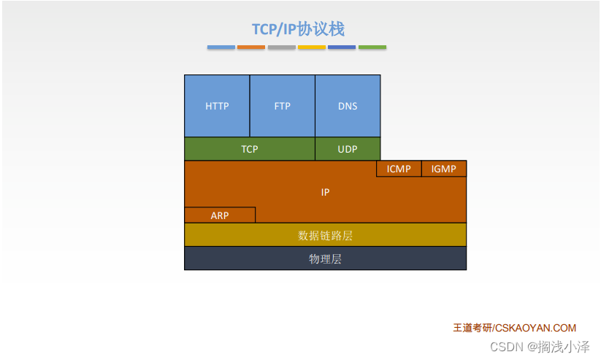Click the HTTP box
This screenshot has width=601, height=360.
coord(217,106)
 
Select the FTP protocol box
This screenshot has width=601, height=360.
coord(283,106)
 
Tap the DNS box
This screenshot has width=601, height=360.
coord(348,106)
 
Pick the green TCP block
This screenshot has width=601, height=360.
coord(250,149)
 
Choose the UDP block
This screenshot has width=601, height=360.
coord(348,149)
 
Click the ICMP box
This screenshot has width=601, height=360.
coord(399,169)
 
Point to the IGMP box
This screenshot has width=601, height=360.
coord(444,169)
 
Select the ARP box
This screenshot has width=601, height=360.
coord(220,215)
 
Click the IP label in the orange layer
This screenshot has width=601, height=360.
coord(325,192)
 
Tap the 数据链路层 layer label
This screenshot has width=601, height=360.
coord(325,235)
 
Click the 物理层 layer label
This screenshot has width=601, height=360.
coord(325,258)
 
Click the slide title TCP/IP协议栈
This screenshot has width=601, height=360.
coord(298,28)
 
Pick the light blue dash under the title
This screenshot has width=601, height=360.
coord(221,47)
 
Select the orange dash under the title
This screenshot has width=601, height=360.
coord(251,47)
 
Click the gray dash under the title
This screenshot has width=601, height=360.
coord(282,47)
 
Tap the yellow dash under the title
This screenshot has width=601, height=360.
coord(312,47)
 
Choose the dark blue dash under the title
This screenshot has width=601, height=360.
coord(342,47)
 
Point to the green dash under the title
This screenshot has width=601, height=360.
coord(372,47)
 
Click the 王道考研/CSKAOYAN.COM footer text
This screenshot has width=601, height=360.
coord(514,328)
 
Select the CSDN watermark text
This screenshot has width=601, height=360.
coord(540,347)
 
